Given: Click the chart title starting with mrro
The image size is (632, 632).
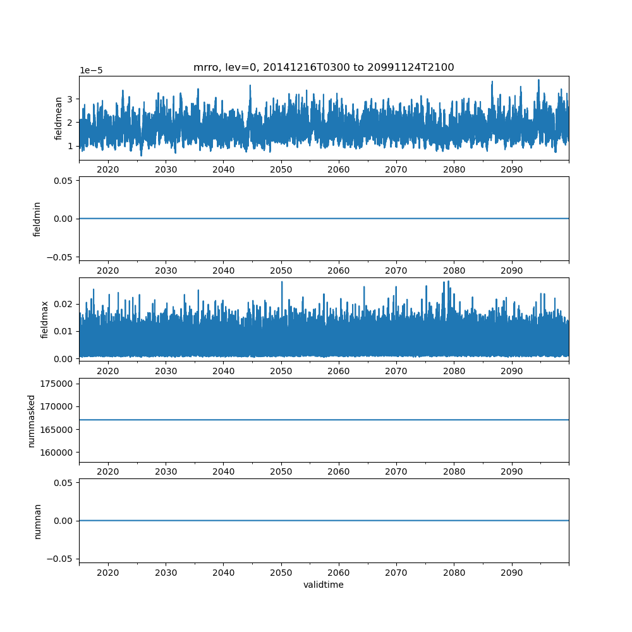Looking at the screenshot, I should point(324,67).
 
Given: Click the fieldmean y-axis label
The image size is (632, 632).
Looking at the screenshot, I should point(59,118).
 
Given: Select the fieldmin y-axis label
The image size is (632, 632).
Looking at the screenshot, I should point(37,219).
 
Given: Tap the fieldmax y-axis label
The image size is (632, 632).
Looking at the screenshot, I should point(45,320).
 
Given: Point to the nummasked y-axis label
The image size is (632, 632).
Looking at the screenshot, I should point(31,420).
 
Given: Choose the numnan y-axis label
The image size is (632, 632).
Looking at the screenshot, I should point(37,521).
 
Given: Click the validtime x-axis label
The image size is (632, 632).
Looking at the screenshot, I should point(324,585).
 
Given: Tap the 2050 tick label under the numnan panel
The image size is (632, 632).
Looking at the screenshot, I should point(281,573).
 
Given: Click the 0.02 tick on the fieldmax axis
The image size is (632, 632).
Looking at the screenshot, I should point(64,304).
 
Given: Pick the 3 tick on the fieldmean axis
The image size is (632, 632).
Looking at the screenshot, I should point(70,99).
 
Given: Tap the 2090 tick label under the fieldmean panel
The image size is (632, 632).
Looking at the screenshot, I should point(511,170).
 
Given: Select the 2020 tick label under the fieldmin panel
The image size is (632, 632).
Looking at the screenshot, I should point(108,270).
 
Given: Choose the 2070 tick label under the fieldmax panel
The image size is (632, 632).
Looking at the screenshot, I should point(396,371).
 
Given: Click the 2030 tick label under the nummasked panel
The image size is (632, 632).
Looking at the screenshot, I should point(166,471).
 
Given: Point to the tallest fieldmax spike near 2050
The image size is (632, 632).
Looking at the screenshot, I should point(282,282).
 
